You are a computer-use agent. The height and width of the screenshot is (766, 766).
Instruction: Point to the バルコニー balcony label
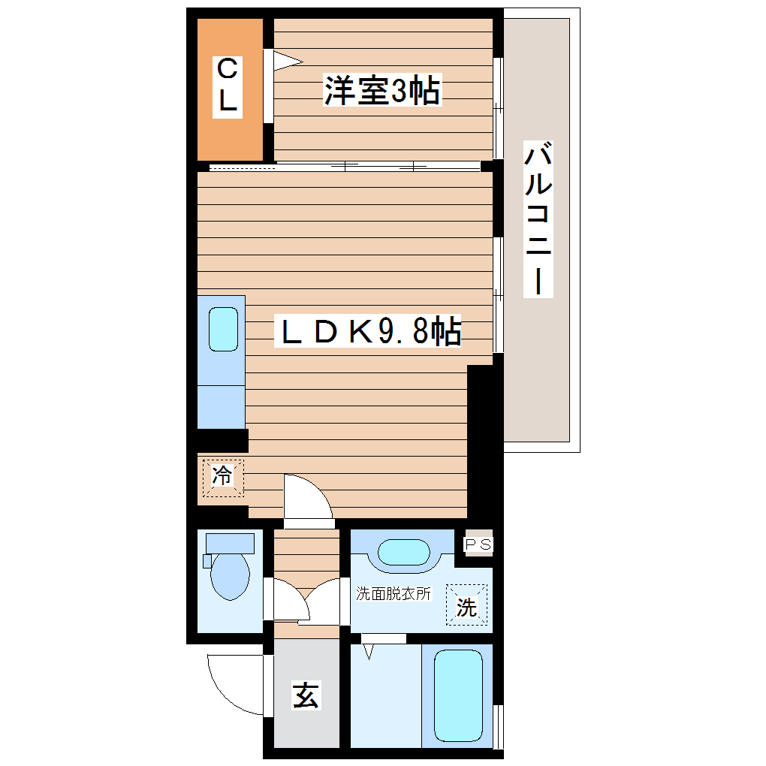(x=538, y=219)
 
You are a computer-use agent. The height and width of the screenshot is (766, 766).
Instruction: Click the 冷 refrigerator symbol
(x=222, y=476)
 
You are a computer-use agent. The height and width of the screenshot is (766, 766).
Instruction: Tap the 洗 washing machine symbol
(x=467, y=605)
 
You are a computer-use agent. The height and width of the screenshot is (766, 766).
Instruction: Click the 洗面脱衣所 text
(x=394, y=593)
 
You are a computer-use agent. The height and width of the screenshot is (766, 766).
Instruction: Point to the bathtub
(x=458, y=695)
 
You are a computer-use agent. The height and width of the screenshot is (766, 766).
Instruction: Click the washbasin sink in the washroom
(x=403, y=553)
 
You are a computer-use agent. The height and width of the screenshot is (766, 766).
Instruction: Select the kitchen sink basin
(x=223, y=329)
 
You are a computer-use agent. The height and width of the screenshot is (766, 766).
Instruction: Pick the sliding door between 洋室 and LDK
(x=345, y=166)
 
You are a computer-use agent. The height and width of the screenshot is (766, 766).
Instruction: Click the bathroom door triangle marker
(x=368, y=650)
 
